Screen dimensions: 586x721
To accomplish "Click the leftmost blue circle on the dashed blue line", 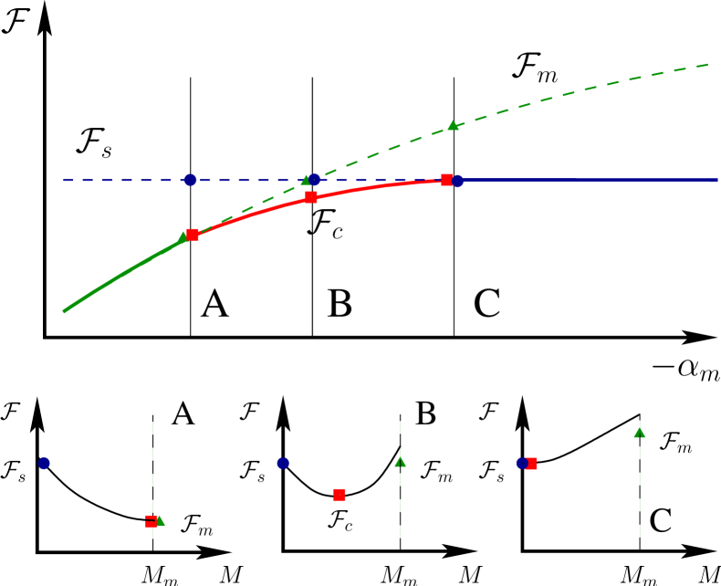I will (x=190, y=180).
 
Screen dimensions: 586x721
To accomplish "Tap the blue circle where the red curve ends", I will (x=457, y=181).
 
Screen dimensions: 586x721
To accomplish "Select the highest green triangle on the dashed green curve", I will (x=453, y=125).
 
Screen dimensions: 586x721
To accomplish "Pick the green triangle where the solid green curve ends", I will (x=183, y=237).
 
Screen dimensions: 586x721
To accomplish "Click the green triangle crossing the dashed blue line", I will (x=307, y=180).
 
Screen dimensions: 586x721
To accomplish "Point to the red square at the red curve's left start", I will (x=193, y=235).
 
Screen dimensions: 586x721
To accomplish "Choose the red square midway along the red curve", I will (x=311, y=197).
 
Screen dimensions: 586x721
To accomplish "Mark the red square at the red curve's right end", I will (x=446, y=180).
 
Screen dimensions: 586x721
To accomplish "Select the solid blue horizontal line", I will (x=593, y=180).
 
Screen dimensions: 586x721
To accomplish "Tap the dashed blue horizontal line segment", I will (x=119, y=180).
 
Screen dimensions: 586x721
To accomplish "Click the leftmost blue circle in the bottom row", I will (x=44, y=463).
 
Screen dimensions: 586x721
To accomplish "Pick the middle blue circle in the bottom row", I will (x=283, y=463).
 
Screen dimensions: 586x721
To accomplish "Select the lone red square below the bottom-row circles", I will (x=340, y=495).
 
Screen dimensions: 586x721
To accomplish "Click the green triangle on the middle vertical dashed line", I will (x=400, y=462).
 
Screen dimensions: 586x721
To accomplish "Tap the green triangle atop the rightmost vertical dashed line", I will (x=640, y=433).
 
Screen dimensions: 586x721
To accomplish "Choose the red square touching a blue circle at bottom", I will (x=532, y=464).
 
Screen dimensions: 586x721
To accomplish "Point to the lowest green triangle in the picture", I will (x=160, y=520).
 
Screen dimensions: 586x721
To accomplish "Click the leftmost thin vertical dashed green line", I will (x=152, y=456).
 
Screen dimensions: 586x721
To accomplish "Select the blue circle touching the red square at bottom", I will (x=521, y=463).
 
